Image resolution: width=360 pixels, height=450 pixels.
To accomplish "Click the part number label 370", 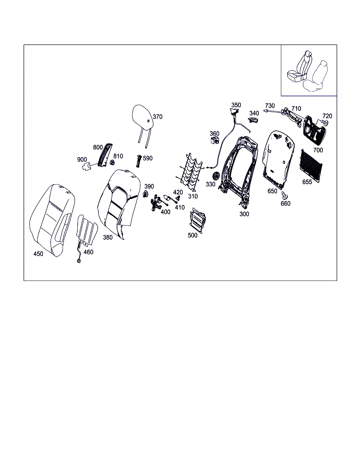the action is click(x=157, y=117).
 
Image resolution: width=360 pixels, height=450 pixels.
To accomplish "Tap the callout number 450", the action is click(x=38, y=253).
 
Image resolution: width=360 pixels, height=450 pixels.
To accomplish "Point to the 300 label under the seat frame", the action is click(x=244, y=214).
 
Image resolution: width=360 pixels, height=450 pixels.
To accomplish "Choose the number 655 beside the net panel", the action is click(x=307, y=182).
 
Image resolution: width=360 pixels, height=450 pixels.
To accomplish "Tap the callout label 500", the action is click(x=192, y=235).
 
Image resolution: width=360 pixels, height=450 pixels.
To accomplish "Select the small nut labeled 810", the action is click(x=112, y=162).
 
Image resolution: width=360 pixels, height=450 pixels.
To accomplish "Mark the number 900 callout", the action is click(x=82, y=160).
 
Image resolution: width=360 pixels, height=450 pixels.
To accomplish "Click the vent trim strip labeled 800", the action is click(x=105, y=155).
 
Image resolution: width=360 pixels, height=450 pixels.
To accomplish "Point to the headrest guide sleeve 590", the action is click(x=139, y=161).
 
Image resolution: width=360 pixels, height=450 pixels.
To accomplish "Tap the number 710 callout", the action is click(x=296, y=109).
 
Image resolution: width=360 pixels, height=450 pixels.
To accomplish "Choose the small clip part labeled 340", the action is click(x=253, y=120).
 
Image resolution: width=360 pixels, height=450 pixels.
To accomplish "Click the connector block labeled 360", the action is click(x=215, y=140).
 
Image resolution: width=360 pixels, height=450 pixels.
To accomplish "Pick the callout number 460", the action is click(x=88, y=252).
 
